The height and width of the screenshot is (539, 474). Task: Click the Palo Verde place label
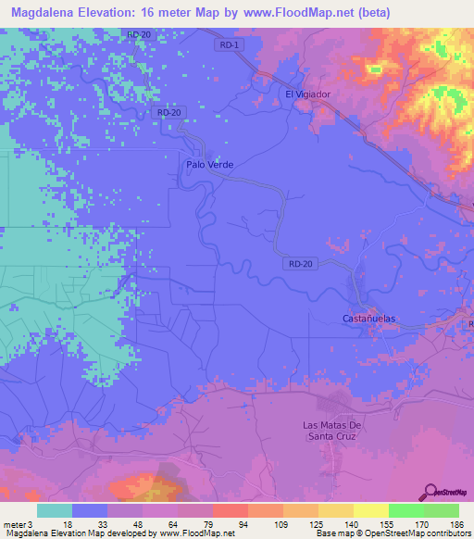tap(209, 165)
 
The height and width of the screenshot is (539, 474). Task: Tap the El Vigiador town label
tap(307, 94)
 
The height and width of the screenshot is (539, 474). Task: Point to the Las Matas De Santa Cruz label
tap(336, 430)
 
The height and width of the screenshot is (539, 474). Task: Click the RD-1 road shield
tap(231, 45)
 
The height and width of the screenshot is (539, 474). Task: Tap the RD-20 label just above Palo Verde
tap(168, 113)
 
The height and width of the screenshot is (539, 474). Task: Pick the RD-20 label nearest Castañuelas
tap(302, 264)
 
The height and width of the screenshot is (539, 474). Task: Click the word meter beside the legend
tap(15, 523)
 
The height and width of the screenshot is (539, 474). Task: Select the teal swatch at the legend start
tap(54, 510)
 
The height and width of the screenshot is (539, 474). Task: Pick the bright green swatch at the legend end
tap(442, 510)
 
